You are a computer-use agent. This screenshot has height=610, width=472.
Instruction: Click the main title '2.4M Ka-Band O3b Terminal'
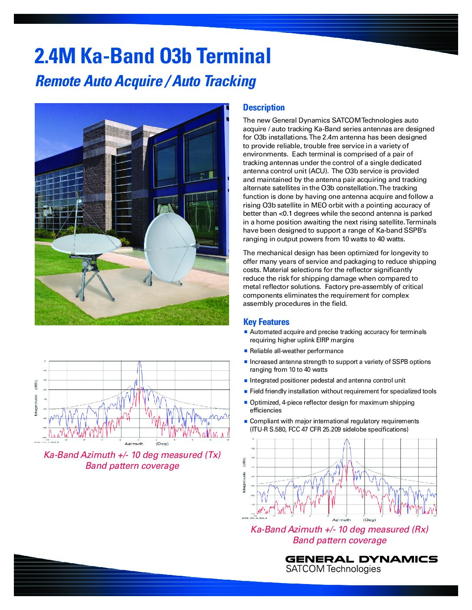click(x=153, y=56)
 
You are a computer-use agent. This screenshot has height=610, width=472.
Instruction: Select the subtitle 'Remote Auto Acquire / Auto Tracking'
click(x=145, y=81)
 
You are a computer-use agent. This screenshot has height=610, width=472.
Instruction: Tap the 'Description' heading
click(x=264, y=107)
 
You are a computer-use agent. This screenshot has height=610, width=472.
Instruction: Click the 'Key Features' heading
click(x=266, y=322)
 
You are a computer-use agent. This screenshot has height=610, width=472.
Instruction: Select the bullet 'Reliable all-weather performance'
click(x=296, y=351)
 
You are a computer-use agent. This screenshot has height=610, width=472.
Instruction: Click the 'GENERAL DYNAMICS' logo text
click(x=361, y=559)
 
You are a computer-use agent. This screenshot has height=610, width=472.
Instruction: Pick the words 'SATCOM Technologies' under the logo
click(x=333, y=569)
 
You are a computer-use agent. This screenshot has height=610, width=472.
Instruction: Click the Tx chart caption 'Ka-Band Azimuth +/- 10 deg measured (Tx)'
click(x=132, y=455)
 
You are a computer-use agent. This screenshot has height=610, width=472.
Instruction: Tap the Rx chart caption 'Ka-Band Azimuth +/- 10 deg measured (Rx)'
click(x=340, y=529)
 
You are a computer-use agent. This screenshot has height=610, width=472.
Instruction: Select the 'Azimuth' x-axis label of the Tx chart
click(x=134, y=444)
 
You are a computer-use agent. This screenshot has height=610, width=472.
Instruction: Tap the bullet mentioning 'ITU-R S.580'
click(x=329, y=429)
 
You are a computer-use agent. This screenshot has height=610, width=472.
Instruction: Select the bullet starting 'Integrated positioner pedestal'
click(x=328, y=380)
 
